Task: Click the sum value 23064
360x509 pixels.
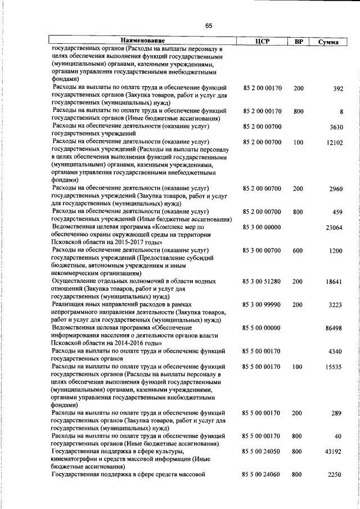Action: (x=334, y=228)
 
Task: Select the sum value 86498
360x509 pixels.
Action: (x=334, y=327)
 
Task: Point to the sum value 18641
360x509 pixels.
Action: (x=334, y=281)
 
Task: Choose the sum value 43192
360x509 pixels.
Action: (x=334, y=452)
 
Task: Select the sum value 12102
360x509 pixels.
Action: (x=334, y=143)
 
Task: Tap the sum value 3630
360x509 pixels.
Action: (x=336, y=128)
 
